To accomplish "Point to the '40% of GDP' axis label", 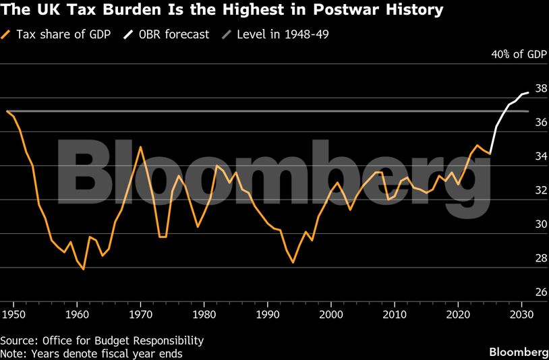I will [x=518, y=55].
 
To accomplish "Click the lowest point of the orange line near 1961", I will [x=83, y=269].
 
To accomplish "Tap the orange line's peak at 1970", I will [x=140, y=147].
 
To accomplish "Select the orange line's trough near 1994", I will [x=293, y=262].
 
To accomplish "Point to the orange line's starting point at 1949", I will [x=7, y=111].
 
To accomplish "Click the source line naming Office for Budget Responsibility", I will [x=101, y=340].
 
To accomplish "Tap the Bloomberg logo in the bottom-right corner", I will [x=518, y=353].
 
